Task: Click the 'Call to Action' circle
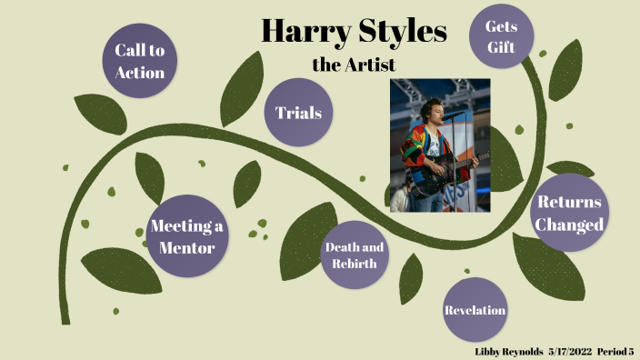point(139,61)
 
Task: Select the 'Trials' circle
point(298,113)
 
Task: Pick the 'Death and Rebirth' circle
point(355,255)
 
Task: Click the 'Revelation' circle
point(475,310)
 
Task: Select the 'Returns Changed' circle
point(569,214)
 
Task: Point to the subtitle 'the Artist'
point(354,65)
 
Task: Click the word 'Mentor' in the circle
point(187,246)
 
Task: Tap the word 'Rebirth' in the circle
point(355,265)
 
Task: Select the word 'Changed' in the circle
point(570,225)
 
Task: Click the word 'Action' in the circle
point(139,72)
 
